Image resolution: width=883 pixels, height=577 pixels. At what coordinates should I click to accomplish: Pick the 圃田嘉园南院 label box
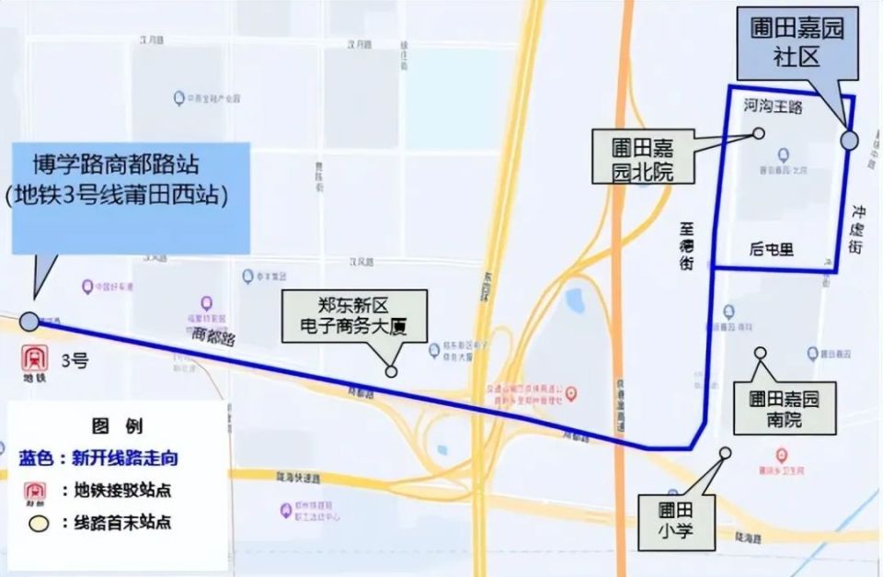[x=784, y=409]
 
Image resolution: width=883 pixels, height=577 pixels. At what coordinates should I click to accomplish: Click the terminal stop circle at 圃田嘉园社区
[x=849, y=140]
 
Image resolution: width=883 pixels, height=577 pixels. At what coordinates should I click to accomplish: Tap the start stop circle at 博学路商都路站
[x=29, y=321]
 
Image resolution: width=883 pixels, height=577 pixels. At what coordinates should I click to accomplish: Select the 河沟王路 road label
[x=773, y=107]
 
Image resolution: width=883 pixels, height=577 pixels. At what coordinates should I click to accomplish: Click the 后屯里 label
[x=771, y=249]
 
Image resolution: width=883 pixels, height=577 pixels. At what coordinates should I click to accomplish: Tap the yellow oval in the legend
[x=39, y=524]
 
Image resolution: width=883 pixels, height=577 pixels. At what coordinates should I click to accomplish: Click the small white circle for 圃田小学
[x=725, y=452]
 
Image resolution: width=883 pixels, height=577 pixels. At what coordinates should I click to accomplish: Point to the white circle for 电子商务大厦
[x=391, y=371]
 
